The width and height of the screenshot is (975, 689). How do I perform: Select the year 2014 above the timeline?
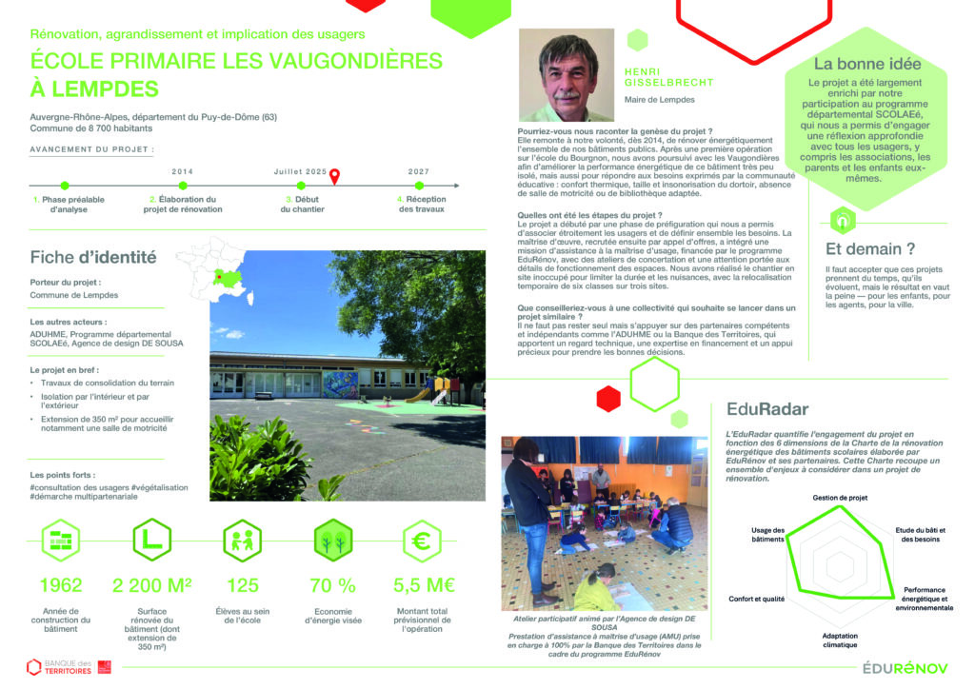click(183, 171)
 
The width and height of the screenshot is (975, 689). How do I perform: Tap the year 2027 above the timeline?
click(418, 171)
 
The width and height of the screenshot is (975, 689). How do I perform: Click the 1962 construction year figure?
click(61, 584)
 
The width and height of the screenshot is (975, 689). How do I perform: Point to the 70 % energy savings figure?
click(333, 584)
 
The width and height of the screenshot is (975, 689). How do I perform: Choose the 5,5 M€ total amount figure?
click(422, 584)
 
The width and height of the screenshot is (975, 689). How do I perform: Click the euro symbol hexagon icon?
click(421, 541)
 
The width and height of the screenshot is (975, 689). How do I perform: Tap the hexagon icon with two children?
click(242, 541)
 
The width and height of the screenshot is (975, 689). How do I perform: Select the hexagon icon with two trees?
click(333, 541)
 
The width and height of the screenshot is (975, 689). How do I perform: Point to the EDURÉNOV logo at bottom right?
click(905, 668)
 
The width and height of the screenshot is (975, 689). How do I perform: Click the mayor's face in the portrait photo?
click(567, 67)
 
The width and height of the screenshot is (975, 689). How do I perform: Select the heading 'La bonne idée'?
click(866, 65)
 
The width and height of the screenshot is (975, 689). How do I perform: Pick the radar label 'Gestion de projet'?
click(840, 498)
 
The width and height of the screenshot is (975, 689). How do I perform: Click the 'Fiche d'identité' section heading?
click(93, 257)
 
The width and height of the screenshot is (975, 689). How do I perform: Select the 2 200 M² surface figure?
click(152, 584)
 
